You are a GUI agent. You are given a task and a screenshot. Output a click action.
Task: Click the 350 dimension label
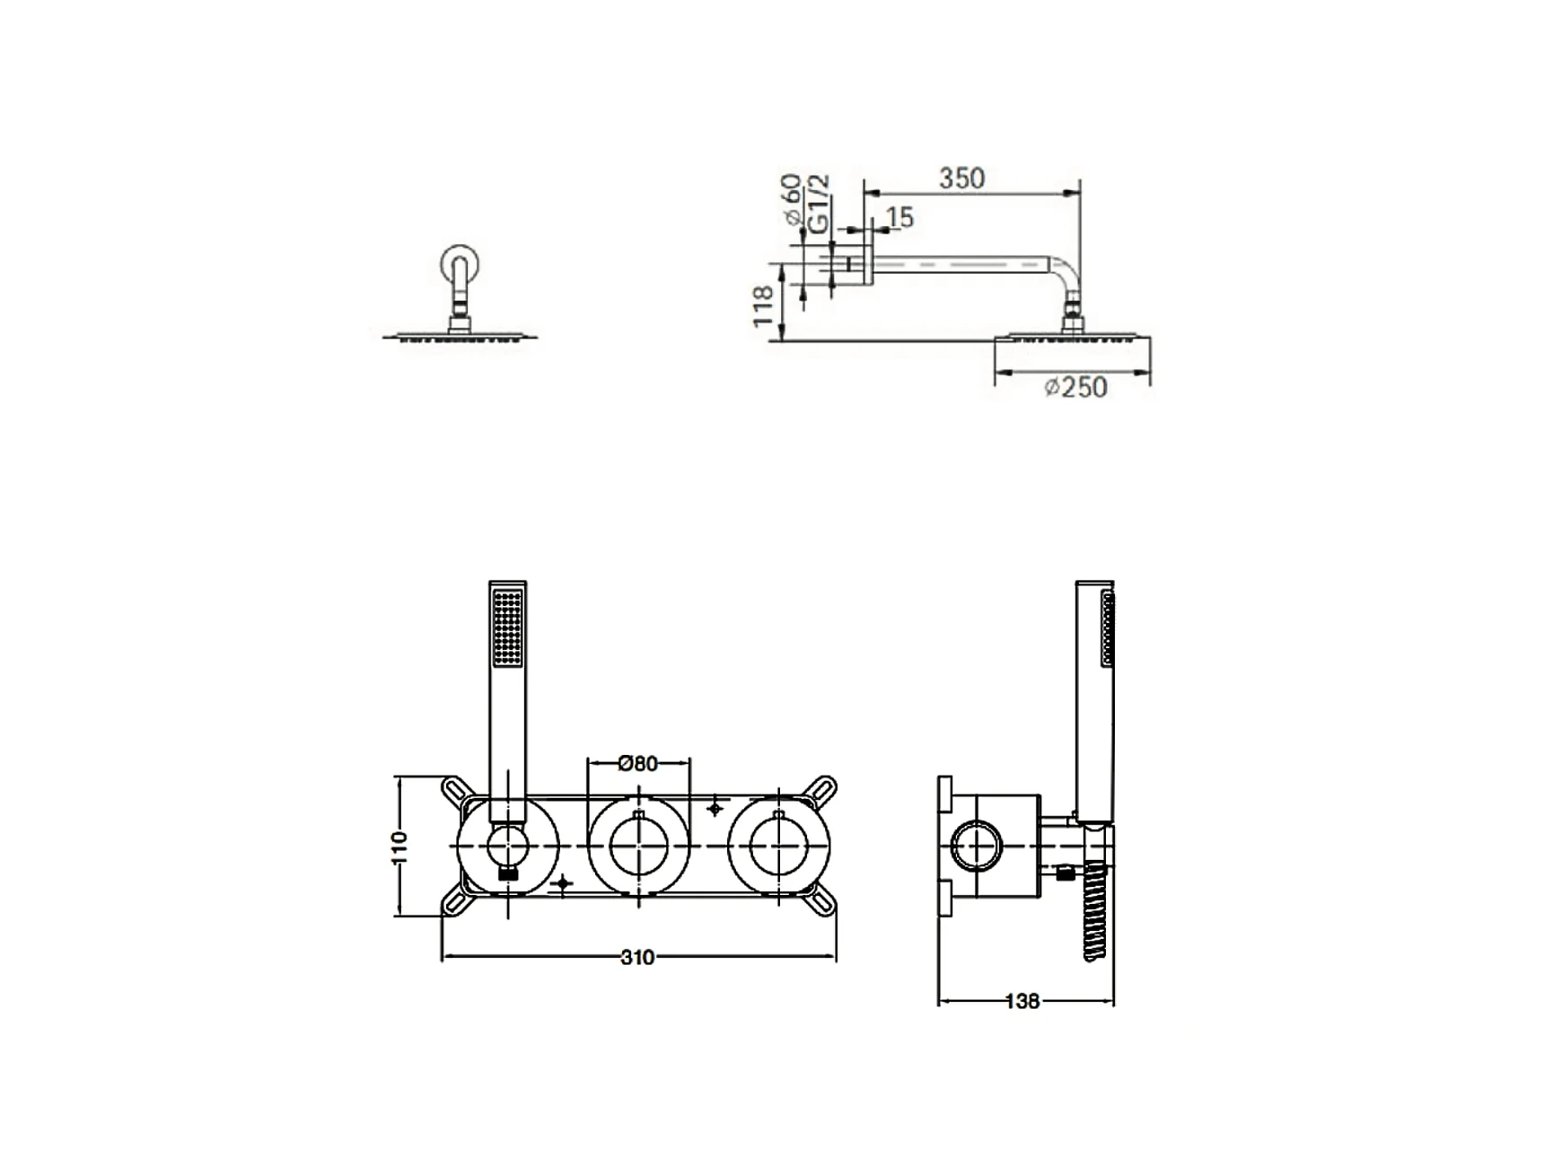[x=961, y=178]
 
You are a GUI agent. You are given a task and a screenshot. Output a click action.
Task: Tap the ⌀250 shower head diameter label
[x=1075, y=387]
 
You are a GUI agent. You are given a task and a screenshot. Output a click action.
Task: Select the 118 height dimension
[x=763, y=305]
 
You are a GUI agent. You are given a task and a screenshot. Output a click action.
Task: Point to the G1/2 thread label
[x=819, y=205]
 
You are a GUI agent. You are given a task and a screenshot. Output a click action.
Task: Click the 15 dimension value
[x=899, y=217]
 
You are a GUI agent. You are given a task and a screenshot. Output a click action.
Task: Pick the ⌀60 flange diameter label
[x=791, y=199]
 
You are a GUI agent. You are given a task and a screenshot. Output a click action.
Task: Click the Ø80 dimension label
[x=638, y=763]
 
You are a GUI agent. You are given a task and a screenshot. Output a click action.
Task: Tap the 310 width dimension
[x=637, y=958]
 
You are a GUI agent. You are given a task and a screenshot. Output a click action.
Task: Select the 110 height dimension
[x=399, y=847]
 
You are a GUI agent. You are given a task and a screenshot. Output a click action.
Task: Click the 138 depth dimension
[x=1022, y=1001]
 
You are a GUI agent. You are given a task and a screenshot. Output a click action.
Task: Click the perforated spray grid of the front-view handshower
[x=508, y=627]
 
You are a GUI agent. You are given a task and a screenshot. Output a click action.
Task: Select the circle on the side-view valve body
[x=977, y=847]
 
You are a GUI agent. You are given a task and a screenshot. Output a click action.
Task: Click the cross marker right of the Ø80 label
[x=715, y=809]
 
